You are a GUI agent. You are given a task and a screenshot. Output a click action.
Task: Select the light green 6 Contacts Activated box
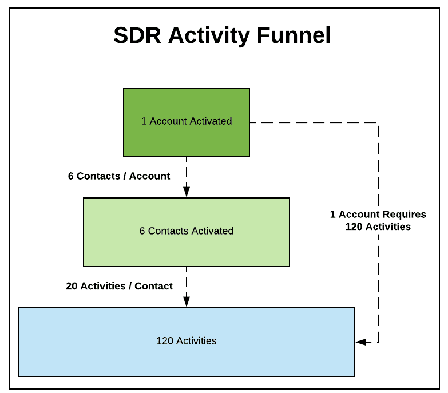coord(187,249)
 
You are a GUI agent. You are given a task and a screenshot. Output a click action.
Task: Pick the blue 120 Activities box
coord(187,358)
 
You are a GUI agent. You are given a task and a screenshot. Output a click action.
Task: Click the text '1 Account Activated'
coord(187,121)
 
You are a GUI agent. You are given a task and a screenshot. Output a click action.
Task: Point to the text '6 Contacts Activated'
coord(187,231)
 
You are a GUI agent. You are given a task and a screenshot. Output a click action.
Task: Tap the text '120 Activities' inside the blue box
coord(187,341)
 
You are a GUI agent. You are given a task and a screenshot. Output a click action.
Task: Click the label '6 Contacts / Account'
coord(119,176)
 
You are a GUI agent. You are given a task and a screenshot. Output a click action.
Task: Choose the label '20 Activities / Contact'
coord(119,286)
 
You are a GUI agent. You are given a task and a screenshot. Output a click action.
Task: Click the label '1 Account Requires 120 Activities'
coord(378,220)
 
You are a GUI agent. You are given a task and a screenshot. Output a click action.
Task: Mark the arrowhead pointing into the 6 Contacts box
coord(187,193)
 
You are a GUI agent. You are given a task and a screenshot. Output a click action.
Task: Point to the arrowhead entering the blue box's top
coord(187,303)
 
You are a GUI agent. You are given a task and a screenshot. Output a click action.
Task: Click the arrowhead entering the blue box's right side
coord(360,342)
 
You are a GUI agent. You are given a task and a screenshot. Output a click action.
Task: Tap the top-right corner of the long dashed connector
coord(378,122)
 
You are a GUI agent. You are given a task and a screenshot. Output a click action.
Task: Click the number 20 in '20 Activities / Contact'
coord(72,286)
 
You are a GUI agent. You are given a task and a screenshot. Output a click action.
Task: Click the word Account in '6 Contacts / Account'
coord(149,176)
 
